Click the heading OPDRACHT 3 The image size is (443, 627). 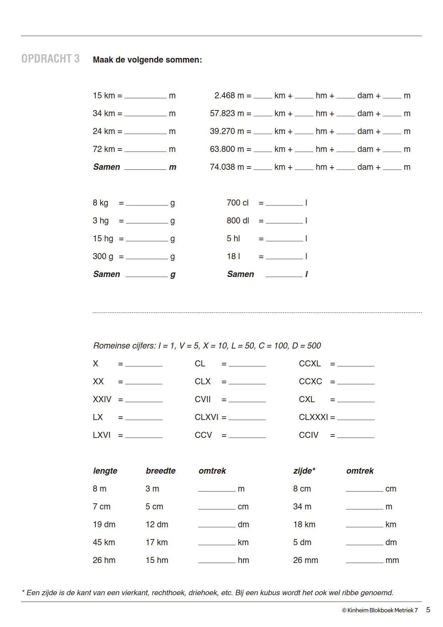click(x=50, y=59)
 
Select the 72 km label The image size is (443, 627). click(x=104, y=149)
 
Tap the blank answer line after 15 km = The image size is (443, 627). click(x=145, y=97)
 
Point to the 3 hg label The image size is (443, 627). click(x=100, y=221)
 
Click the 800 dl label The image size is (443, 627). click(x=238, y=221)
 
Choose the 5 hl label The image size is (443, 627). click(x=233, y=239)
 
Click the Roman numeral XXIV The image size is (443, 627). click(x=102, y=400)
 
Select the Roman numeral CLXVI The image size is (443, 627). click(x=206, y=418)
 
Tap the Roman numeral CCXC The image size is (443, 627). click(x=310, y=382)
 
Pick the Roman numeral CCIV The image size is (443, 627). click(x=308, y=435)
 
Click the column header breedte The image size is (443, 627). click(x=160, y=471)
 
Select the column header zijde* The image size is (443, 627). click(x=304, y=471)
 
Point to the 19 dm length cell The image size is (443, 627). click(x=104, y=525)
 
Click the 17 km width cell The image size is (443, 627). click(x=156, y=543)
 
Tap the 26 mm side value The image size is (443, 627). click(x=305, y=561)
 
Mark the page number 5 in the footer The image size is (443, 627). click(x=428, y=610)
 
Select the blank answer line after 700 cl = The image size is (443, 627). click(x=284, y=204)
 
